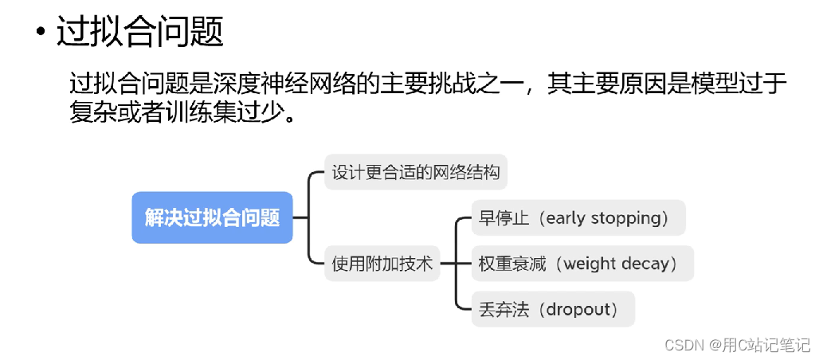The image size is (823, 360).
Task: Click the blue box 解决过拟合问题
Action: pos(212,217)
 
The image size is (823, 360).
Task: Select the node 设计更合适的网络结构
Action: pos(415,172)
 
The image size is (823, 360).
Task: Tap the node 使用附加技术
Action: pos(382,264)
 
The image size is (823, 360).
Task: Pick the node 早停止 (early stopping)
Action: pos(578,217)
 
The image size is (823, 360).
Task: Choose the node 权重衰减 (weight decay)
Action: pos(582,264)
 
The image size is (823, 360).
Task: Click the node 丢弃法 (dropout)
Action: pos(552,309)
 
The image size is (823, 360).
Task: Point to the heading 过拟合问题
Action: pos(140,33)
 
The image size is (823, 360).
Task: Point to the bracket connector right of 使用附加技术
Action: pos(455,263)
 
